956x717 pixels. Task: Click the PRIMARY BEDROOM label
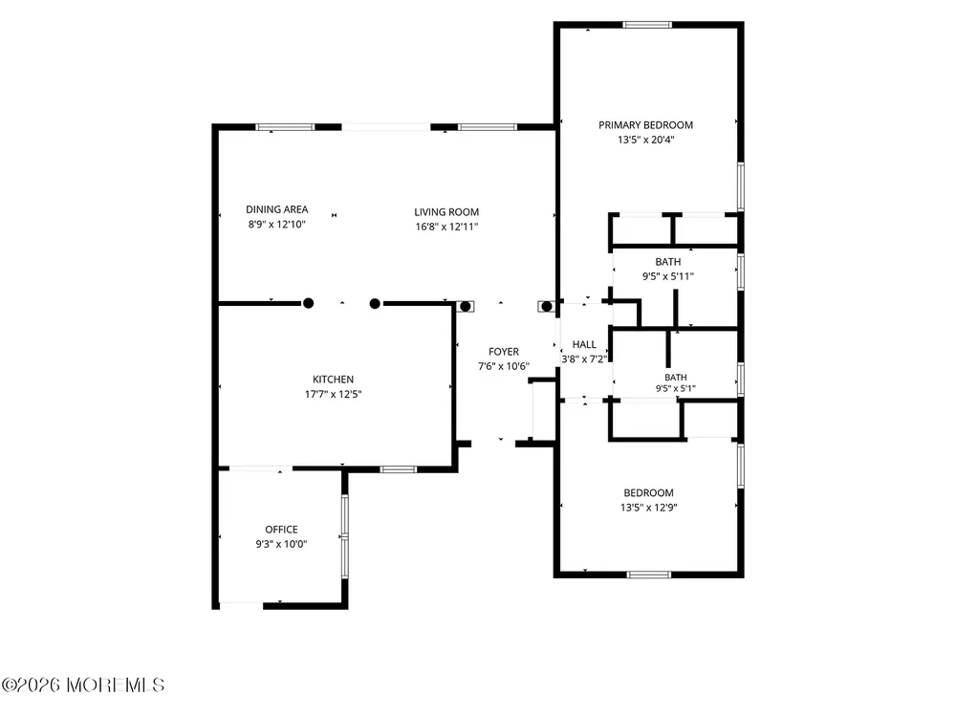[645, 125]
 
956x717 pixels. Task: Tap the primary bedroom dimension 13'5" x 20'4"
[645, 140]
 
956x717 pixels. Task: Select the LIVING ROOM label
[446, 212]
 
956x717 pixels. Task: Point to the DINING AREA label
[277, 209]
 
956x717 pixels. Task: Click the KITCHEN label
[333, 380]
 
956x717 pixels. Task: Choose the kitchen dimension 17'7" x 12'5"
[333, 394]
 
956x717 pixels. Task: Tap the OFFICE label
[281, 530]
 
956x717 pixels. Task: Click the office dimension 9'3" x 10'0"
[281, 544]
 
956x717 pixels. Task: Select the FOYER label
[504, 352]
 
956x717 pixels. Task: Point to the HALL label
[584, 344]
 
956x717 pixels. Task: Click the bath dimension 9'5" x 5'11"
[668, 276]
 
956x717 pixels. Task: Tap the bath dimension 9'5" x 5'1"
[676, 388]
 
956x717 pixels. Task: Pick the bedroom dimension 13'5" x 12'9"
[649, 508]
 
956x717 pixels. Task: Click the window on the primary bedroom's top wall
[647, 25]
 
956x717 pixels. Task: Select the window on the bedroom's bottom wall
[649, 575]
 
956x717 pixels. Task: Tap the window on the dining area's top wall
[285, 127]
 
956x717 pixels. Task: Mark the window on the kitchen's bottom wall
[398, 469]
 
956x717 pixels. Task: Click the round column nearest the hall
[547, 307]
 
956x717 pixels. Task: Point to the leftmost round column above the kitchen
[309, 303]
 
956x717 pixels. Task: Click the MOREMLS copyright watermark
[83, 684]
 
